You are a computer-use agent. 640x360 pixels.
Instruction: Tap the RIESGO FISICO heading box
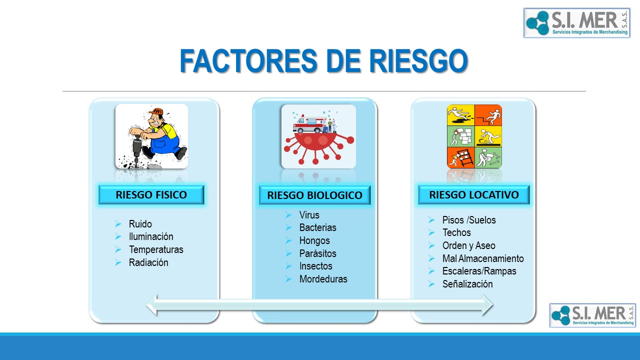151,195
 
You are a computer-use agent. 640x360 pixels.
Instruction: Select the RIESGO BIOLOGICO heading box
314,195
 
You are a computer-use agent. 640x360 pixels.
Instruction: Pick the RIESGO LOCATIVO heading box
473,195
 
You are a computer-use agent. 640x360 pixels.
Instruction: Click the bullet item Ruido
140,224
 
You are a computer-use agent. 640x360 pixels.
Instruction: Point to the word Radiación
148,262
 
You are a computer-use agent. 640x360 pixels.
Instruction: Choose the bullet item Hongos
314,240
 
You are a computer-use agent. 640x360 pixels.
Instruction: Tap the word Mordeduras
323,279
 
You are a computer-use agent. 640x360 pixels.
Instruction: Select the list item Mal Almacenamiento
483,258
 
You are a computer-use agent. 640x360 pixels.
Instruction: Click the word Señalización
467,284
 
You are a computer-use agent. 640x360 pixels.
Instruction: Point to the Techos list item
456,232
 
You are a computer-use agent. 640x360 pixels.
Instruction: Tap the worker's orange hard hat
156,111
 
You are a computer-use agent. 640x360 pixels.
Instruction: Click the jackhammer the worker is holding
137,151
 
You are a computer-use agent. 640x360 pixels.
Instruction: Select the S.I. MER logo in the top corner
577,23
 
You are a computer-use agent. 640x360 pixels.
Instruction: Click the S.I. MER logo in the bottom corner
592,315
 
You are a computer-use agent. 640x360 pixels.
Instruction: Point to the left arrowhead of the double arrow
152,305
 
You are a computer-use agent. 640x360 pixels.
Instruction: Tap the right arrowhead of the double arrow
487,305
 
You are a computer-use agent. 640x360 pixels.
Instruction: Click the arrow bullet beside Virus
288,215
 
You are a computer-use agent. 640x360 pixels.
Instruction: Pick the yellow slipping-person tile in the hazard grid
460,115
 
